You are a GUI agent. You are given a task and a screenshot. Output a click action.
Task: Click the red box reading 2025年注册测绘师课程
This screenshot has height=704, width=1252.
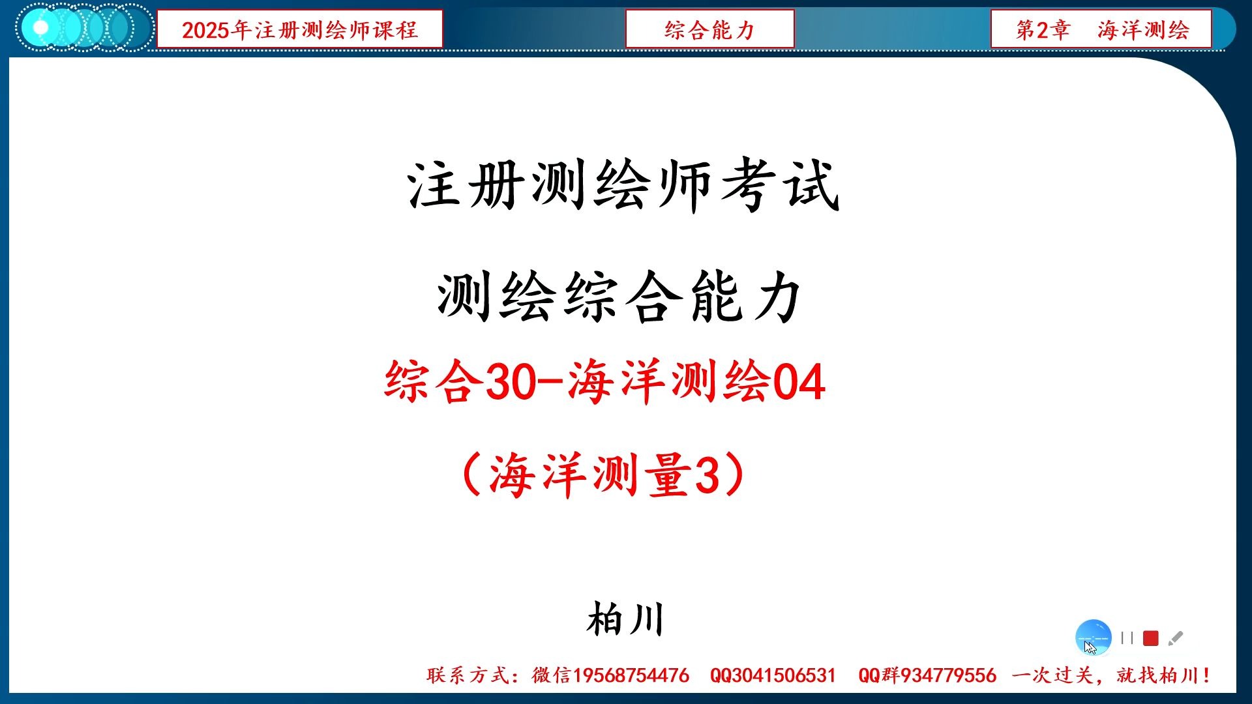(299, 29)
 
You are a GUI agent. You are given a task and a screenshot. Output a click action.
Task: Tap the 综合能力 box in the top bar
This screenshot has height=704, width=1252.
(709, 29)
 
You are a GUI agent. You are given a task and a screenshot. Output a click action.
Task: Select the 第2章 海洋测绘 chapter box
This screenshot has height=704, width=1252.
(1101, 29)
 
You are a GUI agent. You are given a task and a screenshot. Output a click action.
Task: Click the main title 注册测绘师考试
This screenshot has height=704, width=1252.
(623, 186)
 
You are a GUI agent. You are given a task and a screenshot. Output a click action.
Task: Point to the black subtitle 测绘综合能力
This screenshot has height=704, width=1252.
(619, 297)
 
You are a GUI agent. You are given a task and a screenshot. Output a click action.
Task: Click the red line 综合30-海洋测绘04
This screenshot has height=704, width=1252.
(604, 382)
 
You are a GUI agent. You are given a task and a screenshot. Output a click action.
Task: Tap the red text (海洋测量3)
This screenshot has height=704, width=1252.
(603, 475)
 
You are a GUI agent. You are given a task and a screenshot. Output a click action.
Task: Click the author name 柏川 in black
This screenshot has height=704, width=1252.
(625, 619)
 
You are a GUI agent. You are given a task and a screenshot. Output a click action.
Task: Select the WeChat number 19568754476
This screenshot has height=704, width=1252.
(631, 675)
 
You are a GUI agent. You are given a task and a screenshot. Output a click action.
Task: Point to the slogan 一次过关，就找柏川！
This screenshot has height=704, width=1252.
(1111, 675)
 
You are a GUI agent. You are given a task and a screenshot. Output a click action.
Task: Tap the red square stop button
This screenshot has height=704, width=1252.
(1151, 638)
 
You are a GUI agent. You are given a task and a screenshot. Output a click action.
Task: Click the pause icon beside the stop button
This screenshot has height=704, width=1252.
(1127, 638)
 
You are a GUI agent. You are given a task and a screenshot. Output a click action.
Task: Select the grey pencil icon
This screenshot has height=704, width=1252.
(1176, 638)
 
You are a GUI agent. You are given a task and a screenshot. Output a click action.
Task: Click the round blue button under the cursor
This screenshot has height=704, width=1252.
(1093, 637)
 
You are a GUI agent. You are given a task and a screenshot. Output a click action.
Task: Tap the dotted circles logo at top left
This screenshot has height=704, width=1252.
(83, 28)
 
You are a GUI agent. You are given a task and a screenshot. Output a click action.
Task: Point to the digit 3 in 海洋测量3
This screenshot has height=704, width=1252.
(708, 475)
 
